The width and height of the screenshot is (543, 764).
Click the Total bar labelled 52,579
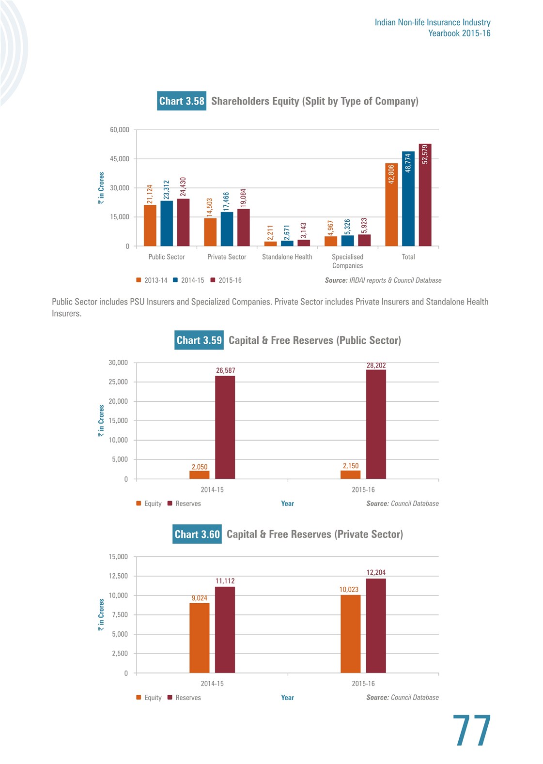click(425, 195)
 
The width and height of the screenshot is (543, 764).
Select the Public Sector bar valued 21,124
click(150, 226)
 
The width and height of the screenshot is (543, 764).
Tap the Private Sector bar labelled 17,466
click(227, 229)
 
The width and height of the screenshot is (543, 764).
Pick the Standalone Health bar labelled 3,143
click(304, 243)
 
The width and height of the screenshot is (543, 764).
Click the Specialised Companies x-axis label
click(347, 261)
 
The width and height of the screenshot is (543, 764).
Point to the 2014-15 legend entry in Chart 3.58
click(189, 280)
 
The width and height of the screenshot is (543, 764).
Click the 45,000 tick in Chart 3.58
click(120, 159)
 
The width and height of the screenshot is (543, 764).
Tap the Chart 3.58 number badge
click(182, 101)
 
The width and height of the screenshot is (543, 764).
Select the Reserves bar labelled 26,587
click(225, 428)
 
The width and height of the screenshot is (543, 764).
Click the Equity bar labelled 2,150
click(351, 474)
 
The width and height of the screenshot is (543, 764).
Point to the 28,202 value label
click(376, 365)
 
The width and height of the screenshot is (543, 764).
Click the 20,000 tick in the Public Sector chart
click(118, 401)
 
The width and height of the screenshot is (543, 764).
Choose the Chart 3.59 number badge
click(199, 340)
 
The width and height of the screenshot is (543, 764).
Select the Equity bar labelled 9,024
click(200, 638)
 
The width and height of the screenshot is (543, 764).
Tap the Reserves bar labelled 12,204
click(376, 626)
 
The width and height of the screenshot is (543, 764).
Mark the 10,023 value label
click(349, 589)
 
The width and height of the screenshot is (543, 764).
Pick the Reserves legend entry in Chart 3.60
click(184, 698)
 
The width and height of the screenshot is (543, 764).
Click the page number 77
click(472, 730)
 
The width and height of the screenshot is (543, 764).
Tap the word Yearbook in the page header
click(444, 33)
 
